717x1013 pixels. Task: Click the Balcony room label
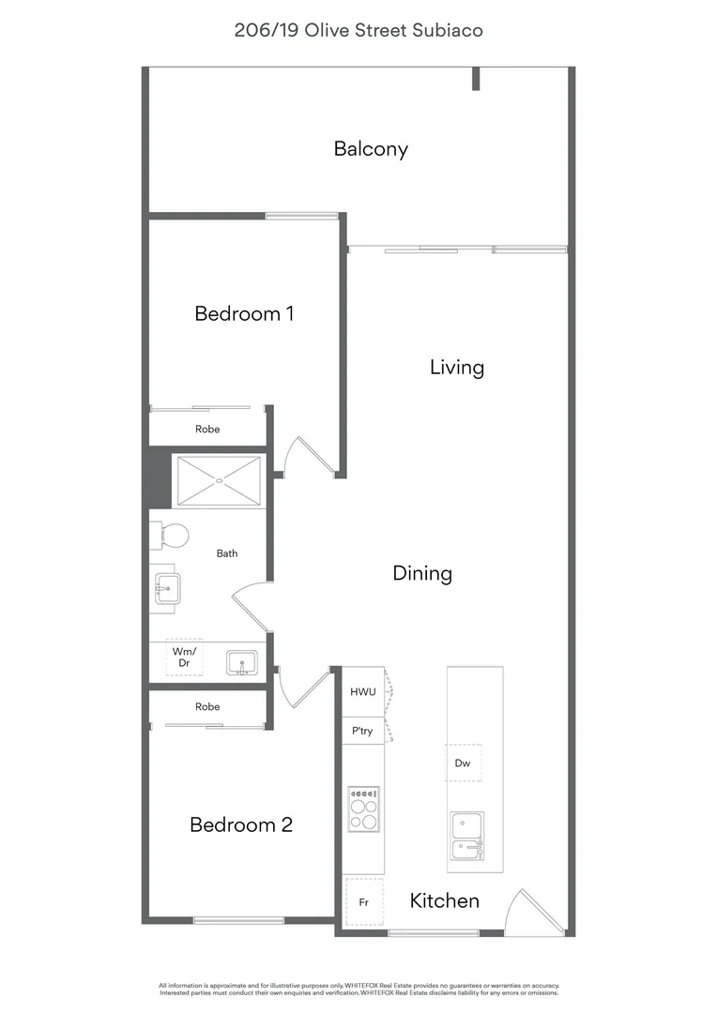point(371,149)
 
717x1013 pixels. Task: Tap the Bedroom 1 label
point(244,314)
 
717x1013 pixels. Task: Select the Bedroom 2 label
point(241,825)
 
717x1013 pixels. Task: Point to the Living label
point(456,368)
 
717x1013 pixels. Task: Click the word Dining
point(422,574)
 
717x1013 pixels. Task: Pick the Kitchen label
point(444,900)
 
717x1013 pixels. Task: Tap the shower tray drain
point(220,480)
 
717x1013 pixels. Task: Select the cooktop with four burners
point(363,809)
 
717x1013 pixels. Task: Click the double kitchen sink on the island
point(467,836)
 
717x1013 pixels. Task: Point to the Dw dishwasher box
point(463,763)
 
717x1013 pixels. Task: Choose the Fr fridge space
point(364,902)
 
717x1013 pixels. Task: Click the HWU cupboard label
point(362,692)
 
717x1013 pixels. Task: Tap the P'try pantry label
point(362,732)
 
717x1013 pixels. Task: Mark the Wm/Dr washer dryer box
point(184,657)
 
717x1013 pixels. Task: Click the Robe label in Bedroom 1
point(207,429)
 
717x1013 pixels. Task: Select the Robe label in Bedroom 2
point(207,707)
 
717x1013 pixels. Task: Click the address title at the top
point(358,30)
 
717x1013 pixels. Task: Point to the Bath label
point(227,553)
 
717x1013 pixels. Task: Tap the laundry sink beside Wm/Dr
point(242,663)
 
